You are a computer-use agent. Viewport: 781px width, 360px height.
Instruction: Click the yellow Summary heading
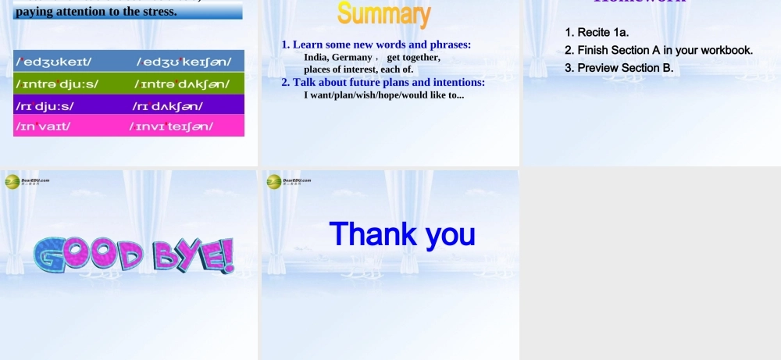383,14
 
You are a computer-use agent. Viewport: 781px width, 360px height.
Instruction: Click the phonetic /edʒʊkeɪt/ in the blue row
54,61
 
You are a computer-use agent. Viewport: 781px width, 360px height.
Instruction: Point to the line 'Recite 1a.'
597,32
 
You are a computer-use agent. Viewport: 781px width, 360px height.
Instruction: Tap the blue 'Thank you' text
401,233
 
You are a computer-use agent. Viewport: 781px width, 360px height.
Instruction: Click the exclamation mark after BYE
227,255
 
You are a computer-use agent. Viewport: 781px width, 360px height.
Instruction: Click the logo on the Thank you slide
274,181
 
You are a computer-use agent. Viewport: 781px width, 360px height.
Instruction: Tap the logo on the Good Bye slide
12,181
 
